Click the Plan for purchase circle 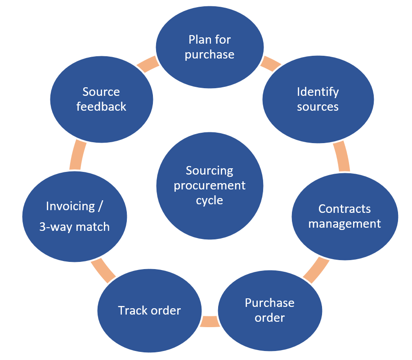(209, 47)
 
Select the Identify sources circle (318, 99)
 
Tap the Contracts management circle (345, 216)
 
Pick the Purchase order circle (270, 310)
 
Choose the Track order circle (150, 310)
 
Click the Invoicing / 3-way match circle (75, 216)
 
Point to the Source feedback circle (101, 99)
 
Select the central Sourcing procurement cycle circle (209, 185)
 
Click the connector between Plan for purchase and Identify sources (270, 63)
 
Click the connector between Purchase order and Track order (210, 321)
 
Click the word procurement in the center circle (210, 185)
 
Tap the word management (345, 224)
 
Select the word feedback (101, 107)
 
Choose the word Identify (318, 92)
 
